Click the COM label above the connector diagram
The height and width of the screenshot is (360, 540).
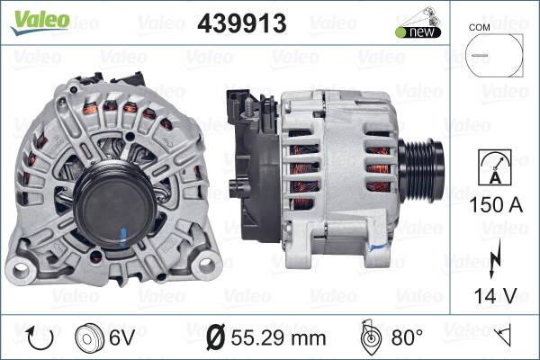click(x=482, y=28)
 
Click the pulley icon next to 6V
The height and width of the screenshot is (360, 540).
click(x=89, y=338)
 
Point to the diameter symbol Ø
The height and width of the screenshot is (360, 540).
click(x=216, y=338)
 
